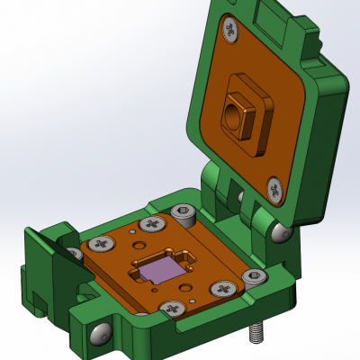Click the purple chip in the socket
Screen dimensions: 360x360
coord(160,268)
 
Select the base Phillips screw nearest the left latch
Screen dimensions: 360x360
coord(102,243)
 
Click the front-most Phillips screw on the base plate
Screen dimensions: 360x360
coord(169,309)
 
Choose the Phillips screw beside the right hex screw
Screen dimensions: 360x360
coord(221,290)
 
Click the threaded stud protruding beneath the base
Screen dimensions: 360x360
coord(256,335)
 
